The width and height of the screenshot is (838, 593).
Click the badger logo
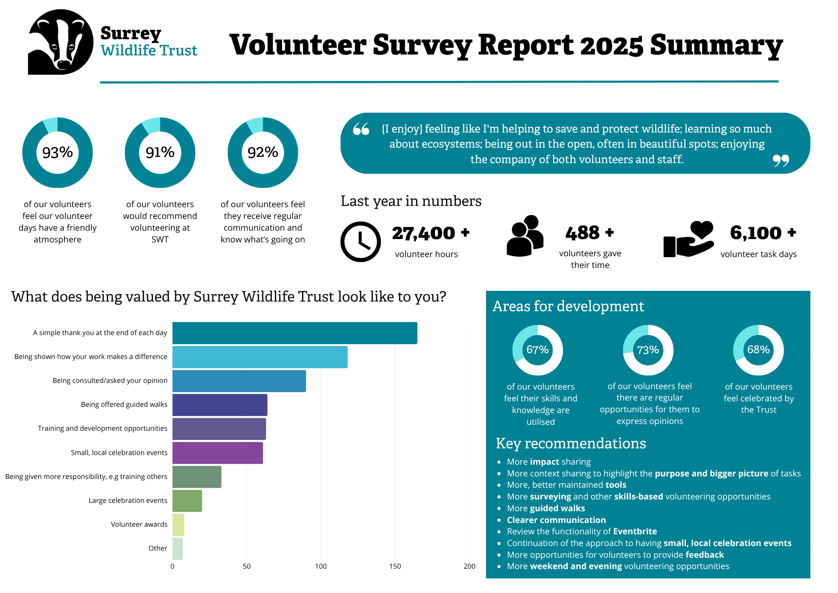[x=61, y=42]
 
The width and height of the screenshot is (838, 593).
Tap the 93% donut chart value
[x=57, y=152]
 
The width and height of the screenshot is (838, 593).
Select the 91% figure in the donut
[x=160, y=152]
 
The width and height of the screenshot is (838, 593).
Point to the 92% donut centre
[x=263, y=152]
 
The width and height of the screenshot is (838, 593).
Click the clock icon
[x=360, y=242]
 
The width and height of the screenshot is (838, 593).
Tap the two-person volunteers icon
[x=525, y=236]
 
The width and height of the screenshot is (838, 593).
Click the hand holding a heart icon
[x=688, y=239]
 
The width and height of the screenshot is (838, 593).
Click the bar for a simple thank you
[x=295, y=333]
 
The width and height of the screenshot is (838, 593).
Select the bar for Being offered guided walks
[x=220, y=405]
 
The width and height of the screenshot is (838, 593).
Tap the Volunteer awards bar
[x=178, y=525]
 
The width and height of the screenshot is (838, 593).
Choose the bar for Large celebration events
[x=187, y=501]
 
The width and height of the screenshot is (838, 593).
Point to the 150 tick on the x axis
[x=395, y=566]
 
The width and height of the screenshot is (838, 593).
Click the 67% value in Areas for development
[x=538, y=350]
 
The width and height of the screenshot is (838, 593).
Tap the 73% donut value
[x=648, y=350]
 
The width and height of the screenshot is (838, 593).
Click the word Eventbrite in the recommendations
[x=635, y=531]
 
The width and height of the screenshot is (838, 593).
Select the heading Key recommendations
[x=571, y=443]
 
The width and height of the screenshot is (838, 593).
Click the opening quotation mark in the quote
[x=361, y=129]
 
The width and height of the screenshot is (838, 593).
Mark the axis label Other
[x=158, y=548]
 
